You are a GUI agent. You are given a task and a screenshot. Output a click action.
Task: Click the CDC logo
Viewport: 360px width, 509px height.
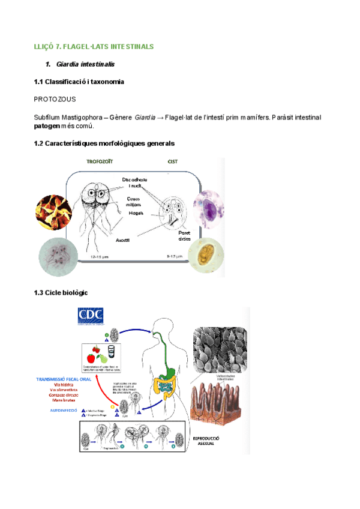click(x=91, y=316)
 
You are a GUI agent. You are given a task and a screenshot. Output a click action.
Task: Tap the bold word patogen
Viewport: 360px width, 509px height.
click(x=47, y=126)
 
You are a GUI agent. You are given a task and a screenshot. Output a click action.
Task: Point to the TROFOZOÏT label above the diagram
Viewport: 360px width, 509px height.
click(x=103, y=162)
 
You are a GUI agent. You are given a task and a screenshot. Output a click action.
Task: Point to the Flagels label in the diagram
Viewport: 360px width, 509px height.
click(x=135, y=212)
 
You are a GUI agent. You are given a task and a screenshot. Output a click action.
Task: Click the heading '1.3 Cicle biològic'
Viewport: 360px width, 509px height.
click(x=62, y=292)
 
